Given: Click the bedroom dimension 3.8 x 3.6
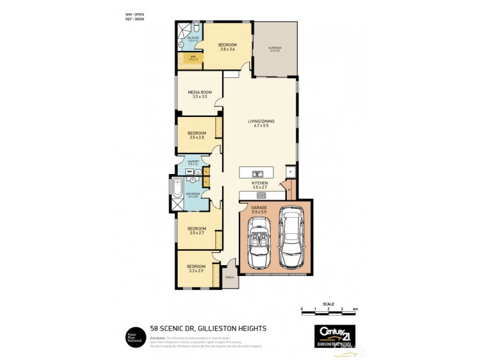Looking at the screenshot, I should [227, 50].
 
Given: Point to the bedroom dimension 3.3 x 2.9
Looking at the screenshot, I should [196, 271].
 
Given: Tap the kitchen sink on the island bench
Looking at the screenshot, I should [262, 172].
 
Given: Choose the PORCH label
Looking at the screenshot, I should [229, 278].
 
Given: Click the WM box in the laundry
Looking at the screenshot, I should [189, 172].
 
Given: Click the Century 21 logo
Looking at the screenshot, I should [335, 332].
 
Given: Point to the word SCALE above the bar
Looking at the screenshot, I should [328, 304].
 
